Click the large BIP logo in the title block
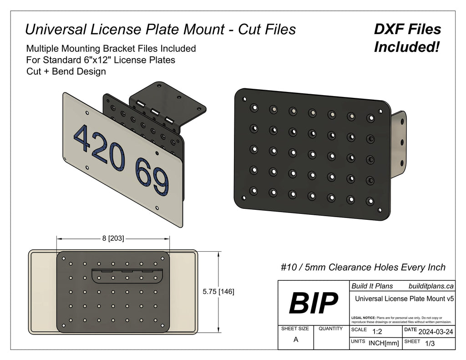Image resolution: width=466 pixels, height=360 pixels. [314, 303]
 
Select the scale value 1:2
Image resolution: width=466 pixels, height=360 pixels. [377, 332]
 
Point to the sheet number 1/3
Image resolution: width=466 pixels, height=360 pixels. [429, 344]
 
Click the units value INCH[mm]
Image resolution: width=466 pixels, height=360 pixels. [384, 343]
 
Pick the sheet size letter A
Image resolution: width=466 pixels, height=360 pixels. [296, 340]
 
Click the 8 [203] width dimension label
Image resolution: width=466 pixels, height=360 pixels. [113, 238]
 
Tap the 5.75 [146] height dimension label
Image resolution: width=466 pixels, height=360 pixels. [218, 291]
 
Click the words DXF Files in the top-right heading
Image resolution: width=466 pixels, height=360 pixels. [407, 29]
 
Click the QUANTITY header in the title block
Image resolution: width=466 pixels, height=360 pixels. [331, 329]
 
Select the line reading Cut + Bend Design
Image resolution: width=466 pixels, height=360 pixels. [66, 71]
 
